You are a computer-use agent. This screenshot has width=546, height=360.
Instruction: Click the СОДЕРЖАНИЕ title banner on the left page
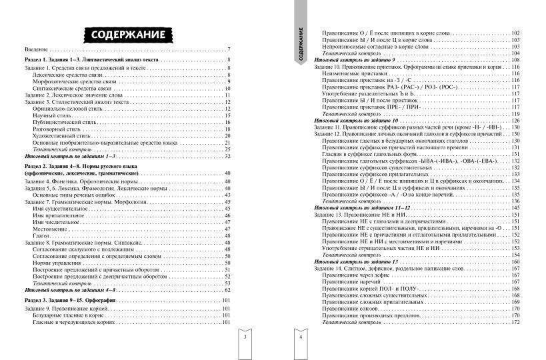point(125,33)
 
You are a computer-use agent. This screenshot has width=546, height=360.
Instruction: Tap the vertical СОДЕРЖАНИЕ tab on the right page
point(302,47)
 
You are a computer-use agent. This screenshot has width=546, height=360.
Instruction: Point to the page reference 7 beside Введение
point(229,50)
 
